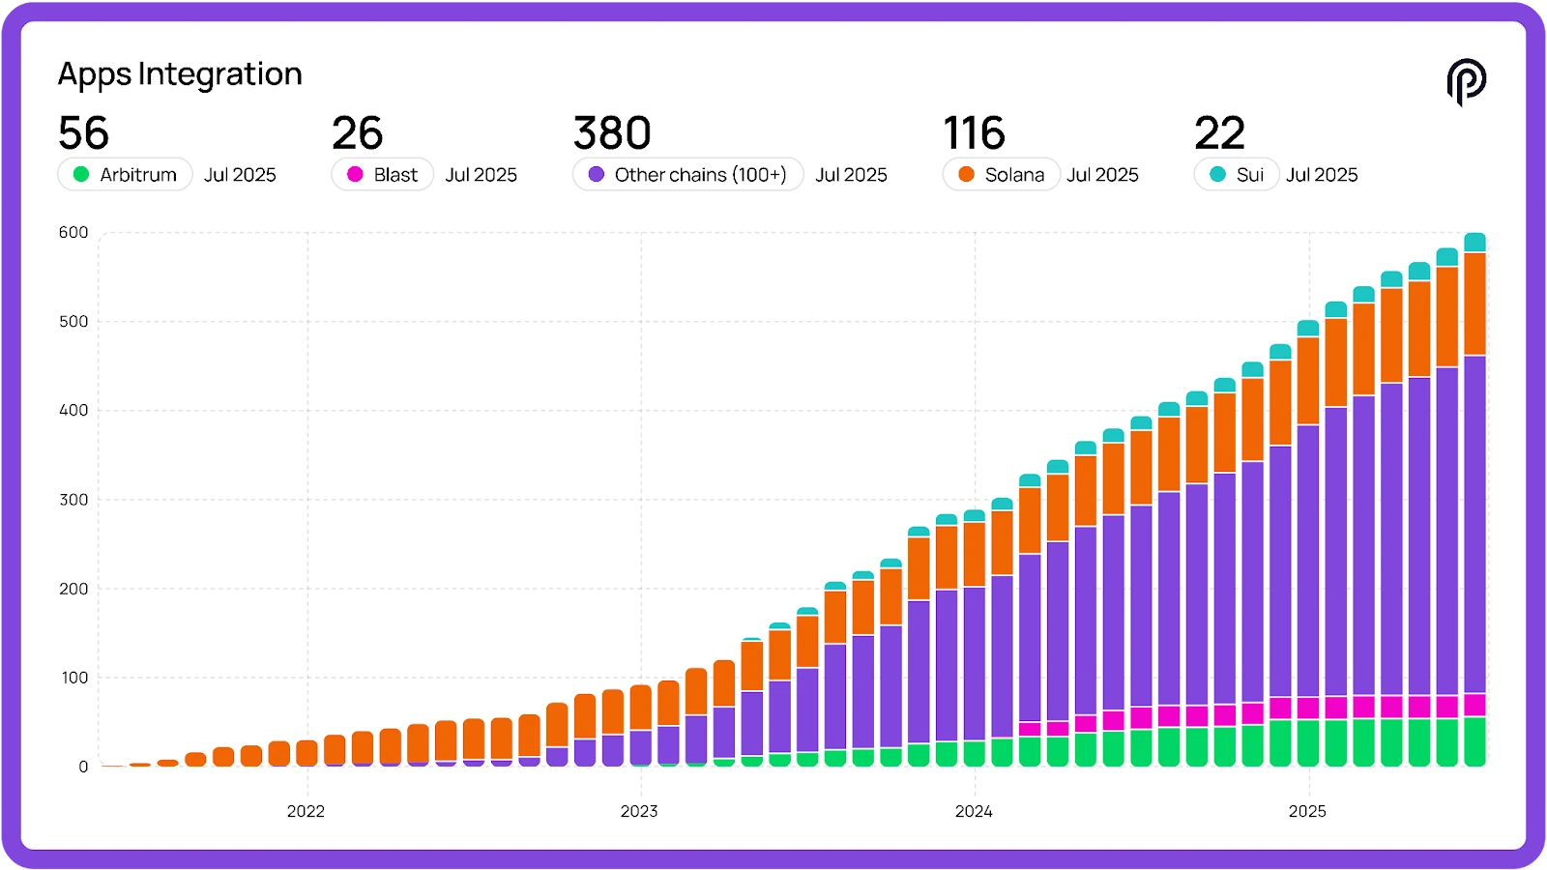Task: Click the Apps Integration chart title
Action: tap(180, 74)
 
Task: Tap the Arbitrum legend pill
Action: tap(125, 175)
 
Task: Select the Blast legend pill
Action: tap(383, 175)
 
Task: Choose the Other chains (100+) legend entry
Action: tap(687, 175)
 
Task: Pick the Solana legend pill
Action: tap(1001, 175)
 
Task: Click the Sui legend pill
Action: tap(1237, 175)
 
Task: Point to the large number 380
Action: tap(612, 133)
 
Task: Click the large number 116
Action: tap(974, 133)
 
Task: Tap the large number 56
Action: tap(83, 133)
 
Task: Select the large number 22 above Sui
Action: tap(1219, 133)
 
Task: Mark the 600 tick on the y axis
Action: tap(73, 232)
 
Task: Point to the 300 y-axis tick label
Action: tap(73, 500)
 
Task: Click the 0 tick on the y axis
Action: tap(83, 767)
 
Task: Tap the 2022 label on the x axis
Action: tap(306, 811)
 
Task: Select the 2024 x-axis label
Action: tap(974, 811)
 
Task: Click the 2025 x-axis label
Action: tap(1307, 811)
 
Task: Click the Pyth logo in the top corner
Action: tap(1466, 81)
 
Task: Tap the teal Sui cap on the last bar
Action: tap(1474, 243)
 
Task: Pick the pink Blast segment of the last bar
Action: tap(1474, 705)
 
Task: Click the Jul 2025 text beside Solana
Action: tap(1102, 175)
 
